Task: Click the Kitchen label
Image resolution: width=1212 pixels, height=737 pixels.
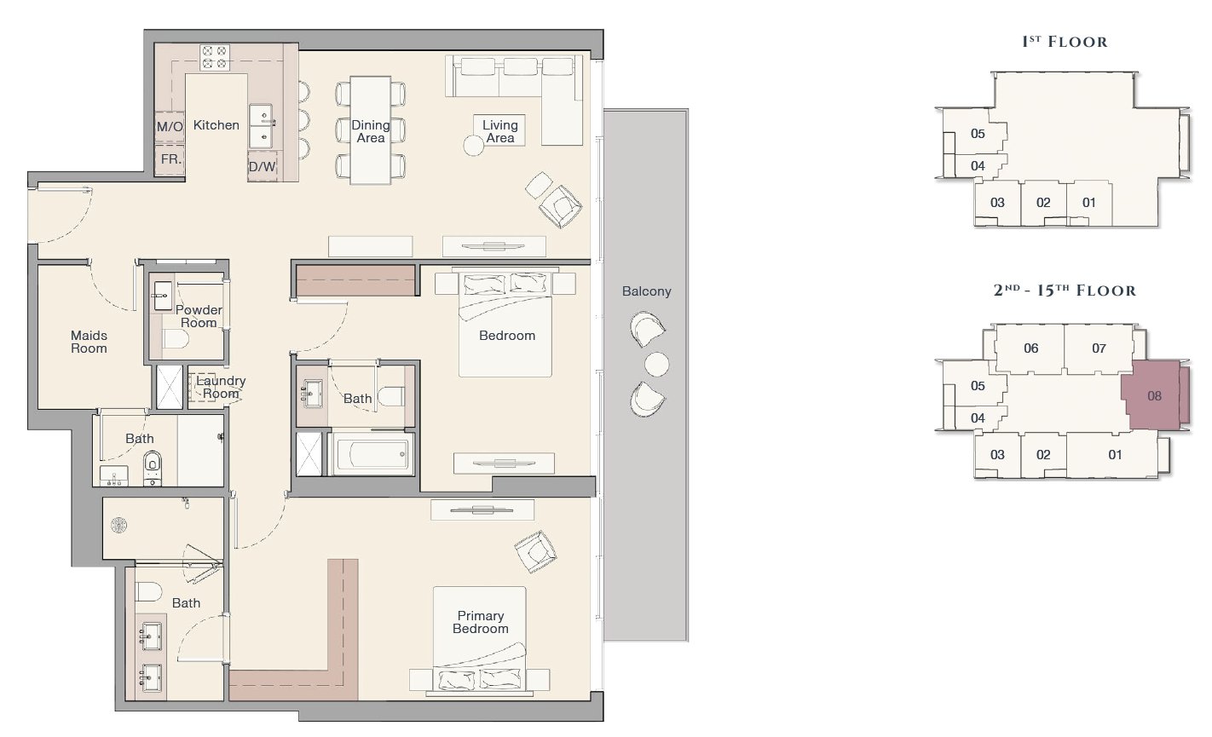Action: pos(216,125)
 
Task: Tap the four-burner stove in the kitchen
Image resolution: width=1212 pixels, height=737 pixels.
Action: pos(214,57)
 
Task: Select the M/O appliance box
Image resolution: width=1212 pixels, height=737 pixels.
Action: pos(170,127)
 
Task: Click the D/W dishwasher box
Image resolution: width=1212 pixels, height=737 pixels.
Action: pos(263,166)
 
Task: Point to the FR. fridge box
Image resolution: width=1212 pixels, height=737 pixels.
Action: pos(170,159)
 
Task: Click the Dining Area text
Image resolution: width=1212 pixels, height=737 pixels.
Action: pos(371,131)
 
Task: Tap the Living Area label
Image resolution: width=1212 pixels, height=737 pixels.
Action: pos(500,131)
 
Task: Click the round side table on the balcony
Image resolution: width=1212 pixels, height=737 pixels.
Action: pos(657,364)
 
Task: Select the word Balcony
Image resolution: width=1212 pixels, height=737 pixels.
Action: pos(647,291)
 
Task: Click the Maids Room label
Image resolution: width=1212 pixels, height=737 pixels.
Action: pos(89,342)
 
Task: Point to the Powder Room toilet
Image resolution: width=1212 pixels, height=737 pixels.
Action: pos(176,340)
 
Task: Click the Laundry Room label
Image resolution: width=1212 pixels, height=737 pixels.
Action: pos(221,387)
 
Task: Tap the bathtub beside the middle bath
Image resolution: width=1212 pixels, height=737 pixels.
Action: pos(371,453)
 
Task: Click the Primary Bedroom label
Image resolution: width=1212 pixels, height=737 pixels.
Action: pos(481,622)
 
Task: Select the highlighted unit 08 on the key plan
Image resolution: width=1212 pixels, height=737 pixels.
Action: pos(1154,395)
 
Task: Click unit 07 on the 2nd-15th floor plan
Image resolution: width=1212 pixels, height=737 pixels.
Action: pos(1099,348)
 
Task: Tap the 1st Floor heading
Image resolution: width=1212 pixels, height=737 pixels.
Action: pos(1065,42)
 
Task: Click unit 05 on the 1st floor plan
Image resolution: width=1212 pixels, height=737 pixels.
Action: pos(977,134)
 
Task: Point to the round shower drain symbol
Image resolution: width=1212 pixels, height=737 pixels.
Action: pos(118,525)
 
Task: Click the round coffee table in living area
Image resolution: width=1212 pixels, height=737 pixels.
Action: pos(473,146)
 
